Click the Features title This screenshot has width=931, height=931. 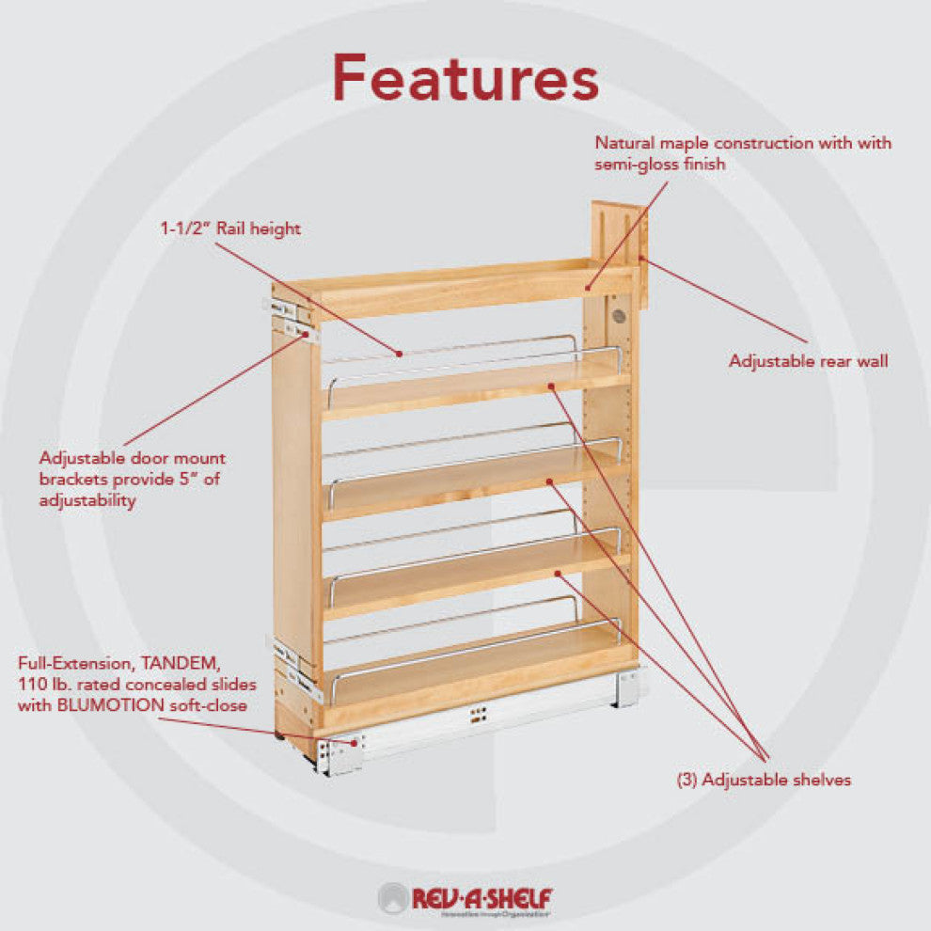[x=465, y=78]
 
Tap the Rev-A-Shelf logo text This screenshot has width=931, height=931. [x=481, y=897]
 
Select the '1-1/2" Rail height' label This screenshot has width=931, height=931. [x=230, y=229]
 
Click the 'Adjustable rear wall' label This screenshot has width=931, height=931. [x=808, y=361]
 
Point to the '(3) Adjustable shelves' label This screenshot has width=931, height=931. [x=764, y=780]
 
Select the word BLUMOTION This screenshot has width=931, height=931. [x=110, y=705]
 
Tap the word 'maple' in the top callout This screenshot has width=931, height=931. [x=686, y=143]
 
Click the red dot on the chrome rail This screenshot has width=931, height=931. [x=401, y=354]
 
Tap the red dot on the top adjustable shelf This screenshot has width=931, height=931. [x=551, y=386]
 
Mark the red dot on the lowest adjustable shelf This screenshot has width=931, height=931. [x=558, y=573]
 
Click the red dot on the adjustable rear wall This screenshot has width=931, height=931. [x=642, y=259]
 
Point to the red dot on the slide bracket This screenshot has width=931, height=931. [x=355, y=742]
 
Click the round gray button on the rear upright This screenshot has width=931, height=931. [x=618, y=317]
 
